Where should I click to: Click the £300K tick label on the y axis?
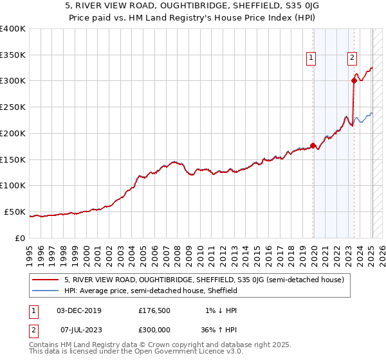[13, 81]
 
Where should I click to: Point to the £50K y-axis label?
[15, 212]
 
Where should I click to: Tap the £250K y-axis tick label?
[13, 107]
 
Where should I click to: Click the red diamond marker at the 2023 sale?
[354, 80]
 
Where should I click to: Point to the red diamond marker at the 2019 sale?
[313, 145]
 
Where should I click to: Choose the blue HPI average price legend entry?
[151, 291]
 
